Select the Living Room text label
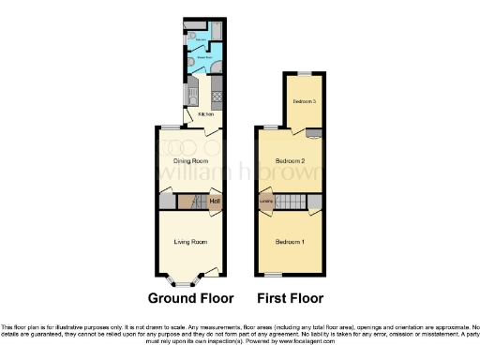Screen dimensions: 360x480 click(x=190, y=241)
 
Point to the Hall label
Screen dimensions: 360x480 click(x=215, y=202)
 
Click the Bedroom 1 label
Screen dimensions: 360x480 click(x=289, y=242)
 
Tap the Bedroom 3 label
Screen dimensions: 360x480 click(x=304, y=100)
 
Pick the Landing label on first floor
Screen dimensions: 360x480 click(x=265, y=200)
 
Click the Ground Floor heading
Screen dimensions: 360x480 click(x=191, y=298)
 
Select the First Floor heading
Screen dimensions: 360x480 click(x=290, y=298)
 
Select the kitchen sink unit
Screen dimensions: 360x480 click(x=191, y=92)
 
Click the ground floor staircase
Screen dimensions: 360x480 click(x=191, y=202)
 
